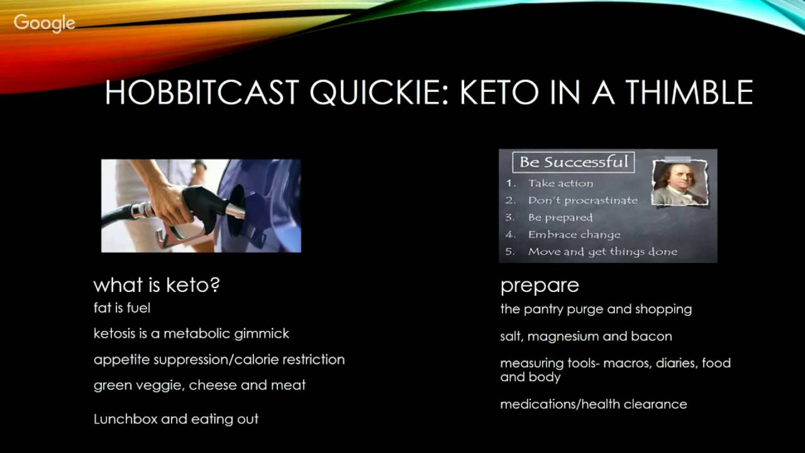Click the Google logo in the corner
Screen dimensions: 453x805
click(44, 23)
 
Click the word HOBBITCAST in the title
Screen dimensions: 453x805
click(201, 92)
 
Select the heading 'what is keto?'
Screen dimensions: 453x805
click(157, 285)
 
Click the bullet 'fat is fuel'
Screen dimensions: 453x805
click(122, 308)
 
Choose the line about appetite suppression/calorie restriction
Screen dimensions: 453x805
click(219, 359)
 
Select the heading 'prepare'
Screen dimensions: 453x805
click(539, 286)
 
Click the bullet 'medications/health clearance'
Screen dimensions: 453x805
click(593, 404)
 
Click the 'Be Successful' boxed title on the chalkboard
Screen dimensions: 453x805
click(574, 162)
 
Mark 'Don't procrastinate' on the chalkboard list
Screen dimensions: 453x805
click(582, 201)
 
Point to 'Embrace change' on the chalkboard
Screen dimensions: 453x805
click(574, 235)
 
